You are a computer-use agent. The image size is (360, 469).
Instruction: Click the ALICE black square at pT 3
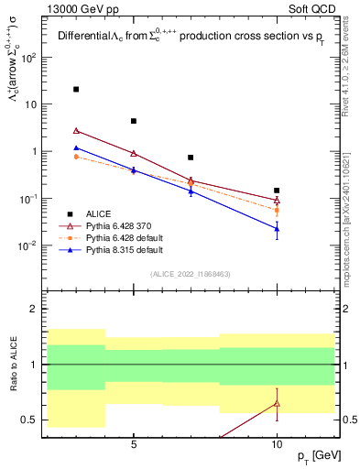click(x=76, y=90)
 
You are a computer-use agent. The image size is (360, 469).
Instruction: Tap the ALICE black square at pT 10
click(x=277, y=191)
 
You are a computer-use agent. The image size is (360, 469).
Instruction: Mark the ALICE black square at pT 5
click(x=134, y=121)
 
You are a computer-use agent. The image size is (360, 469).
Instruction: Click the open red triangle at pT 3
click(x=76, y=130)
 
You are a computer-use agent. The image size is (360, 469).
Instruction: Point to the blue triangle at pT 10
click(x=277, y=228)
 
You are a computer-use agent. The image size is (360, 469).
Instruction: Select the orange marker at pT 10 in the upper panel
click(x=277, y=211)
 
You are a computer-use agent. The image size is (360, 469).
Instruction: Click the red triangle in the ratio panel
click(x=277, y=403)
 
